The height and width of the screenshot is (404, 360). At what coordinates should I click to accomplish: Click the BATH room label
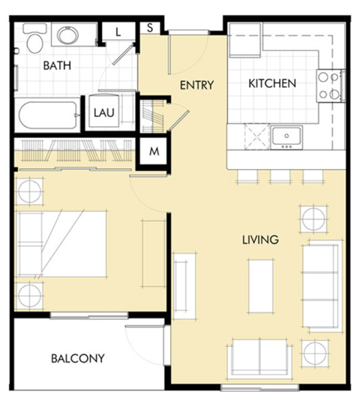(57, 66)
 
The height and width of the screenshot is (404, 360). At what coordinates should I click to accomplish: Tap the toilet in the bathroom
(34, 39)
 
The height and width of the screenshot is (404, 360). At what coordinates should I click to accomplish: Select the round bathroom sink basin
(67, 35)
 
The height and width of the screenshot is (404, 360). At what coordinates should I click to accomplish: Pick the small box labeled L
(118, 31)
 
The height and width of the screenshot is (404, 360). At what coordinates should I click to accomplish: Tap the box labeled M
(154, 151)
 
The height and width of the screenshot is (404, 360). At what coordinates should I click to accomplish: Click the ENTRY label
(197, 85)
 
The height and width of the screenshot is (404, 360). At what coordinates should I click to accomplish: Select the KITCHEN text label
(272, 83)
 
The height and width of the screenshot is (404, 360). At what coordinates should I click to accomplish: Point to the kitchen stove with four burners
(329, 85)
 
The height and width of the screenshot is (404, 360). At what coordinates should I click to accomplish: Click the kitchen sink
(286, 136)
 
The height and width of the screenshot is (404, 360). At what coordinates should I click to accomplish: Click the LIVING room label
(260, 240)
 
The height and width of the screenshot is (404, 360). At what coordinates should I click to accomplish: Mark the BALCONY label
(77, 358)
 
